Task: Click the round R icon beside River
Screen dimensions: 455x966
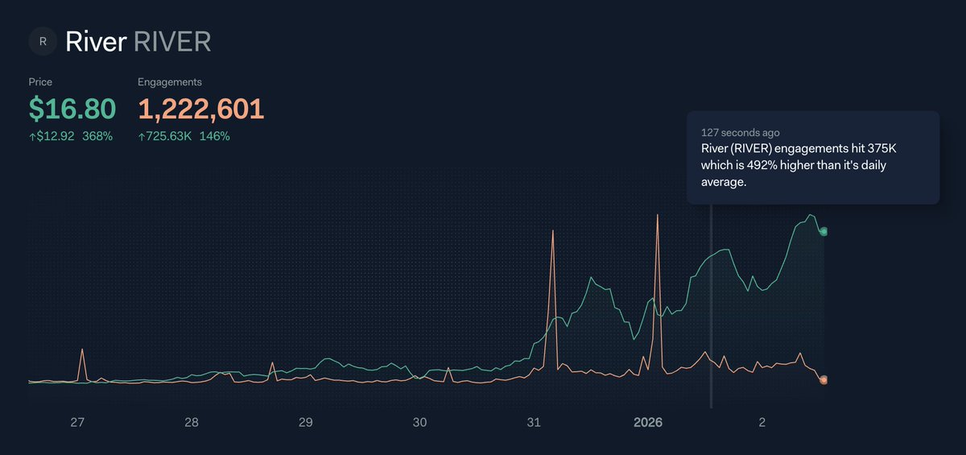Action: click(x=43, y=41)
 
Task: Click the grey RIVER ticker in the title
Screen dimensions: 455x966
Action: click(x=172, y=41)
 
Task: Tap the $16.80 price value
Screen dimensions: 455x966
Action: click(x=72, y=109)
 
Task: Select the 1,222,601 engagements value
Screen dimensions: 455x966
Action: click(x=201, y=109)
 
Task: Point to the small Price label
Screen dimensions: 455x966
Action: click(x=40, y=82)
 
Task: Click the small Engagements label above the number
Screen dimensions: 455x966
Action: click(x=170, y=82)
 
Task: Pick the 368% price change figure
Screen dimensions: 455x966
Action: click(x=97, y=136)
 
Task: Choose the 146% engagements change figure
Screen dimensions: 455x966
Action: click(x=215, y=136)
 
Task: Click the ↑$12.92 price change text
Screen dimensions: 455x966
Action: click(x=52, y=136)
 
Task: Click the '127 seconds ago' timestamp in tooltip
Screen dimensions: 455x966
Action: click(x=740, y=132)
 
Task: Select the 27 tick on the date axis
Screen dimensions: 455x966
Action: click(x=77, y=422)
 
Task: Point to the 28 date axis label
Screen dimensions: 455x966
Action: click(x=192, y=422)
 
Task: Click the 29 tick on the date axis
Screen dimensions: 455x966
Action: click(x=306, y=422)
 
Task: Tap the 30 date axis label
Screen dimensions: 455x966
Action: click(x=419, y=422)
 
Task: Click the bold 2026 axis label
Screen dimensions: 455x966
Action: click(x=648, y=422)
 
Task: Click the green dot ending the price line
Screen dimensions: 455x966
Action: click(x=824, y=232)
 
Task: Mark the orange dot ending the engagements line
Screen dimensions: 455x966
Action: click(x=824, y=380)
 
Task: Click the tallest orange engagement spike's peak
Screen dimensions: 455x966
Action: click(x=658, y=215)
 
